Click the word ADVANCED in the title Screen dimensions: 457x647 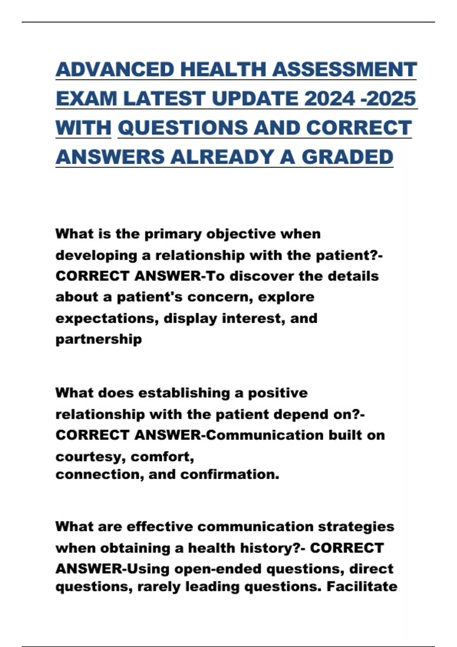coord(115,69)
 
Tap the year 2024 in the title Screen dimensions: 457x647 coord(330,98)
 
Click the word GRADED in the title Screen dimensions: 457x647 coord(347,156)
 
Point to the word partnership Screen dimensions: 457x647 coord(99,339)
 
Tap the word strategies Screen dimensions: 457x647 coord(356,527)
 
